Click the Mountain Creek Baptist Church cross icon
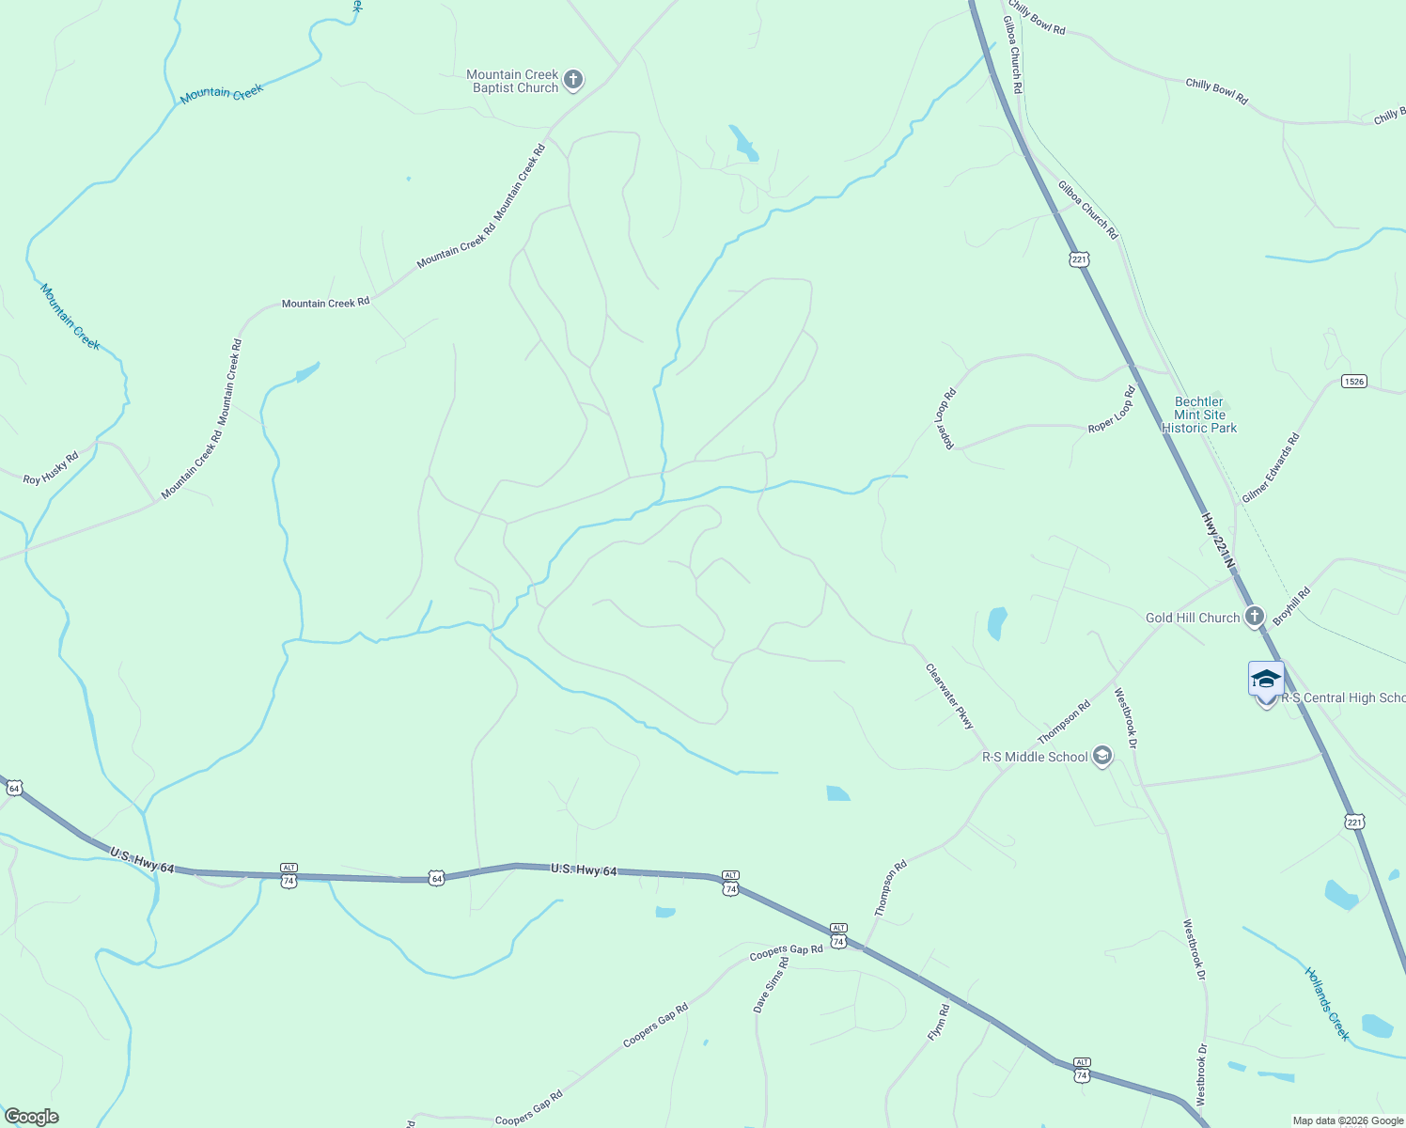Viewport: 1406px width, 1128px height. point(573,81)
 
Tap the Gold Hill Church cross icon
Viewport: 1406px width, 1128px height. point(1254,617)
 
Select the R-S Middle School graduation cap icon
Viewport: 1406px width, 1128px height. point(1101,756)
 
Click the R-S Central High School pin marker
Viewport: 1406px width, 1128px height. point(1266,681)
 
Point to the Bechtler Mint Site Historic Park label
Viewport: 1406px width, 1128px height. point(1199,415)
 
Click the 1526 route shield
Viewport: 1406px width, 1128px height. point(1353,382)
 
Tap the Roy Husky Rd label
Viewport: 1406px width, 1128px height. point(51,468)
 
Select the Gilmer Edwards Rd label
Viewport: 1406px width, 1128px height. point(1271,467)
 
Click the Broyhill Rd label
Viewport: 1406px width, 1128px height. point(1291,607)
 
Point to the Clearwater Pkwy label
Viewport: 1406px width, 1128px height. point(949,697)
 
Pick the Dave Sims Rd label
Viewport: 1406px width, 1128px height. point(771,985)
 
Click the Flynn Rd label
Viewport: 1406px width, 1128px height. point(938,1022)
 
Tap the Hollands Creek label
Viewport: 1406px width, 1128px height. point(1327,1004)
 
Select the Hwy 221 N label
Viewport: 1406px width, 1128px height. point(1218,541)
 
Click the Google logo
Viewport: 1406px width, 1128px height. point(31,1117)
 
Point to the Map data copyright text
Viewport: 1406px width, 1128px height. point(1348,1120)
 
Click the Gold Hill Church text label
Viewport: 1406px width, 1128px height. point(1193,618)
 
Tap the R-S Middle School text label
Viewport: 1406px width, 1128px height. point(1035,757)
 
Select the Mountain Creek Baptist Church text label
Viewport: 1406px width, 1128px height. point(513,81)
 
